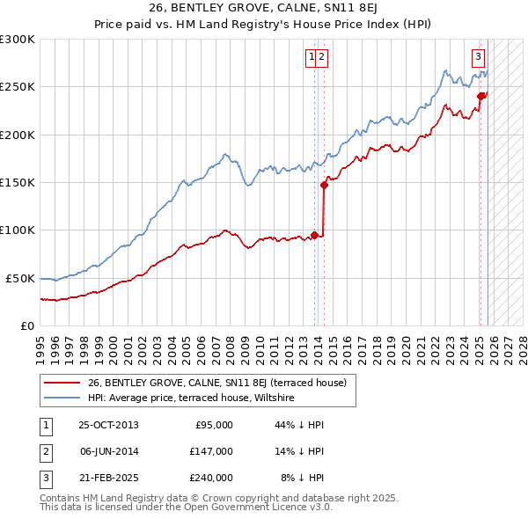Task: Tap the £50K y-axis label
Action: pos(20,278)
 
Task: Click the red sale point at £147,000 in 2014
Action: pos(325,186)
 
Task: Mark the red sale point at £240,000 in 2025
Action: pos(481,97)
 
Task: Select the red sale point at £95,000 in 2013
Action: pos(315,235)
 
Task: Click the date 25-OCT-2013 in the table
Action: pos(108,426)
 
